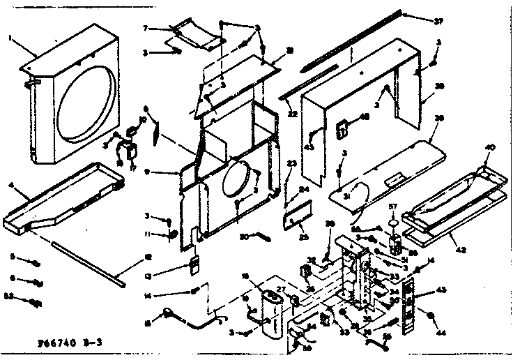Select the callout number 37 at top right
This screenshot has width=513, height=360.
coord(438,22)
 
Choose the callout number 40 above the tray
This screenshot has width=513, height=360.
coord(491,149)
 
